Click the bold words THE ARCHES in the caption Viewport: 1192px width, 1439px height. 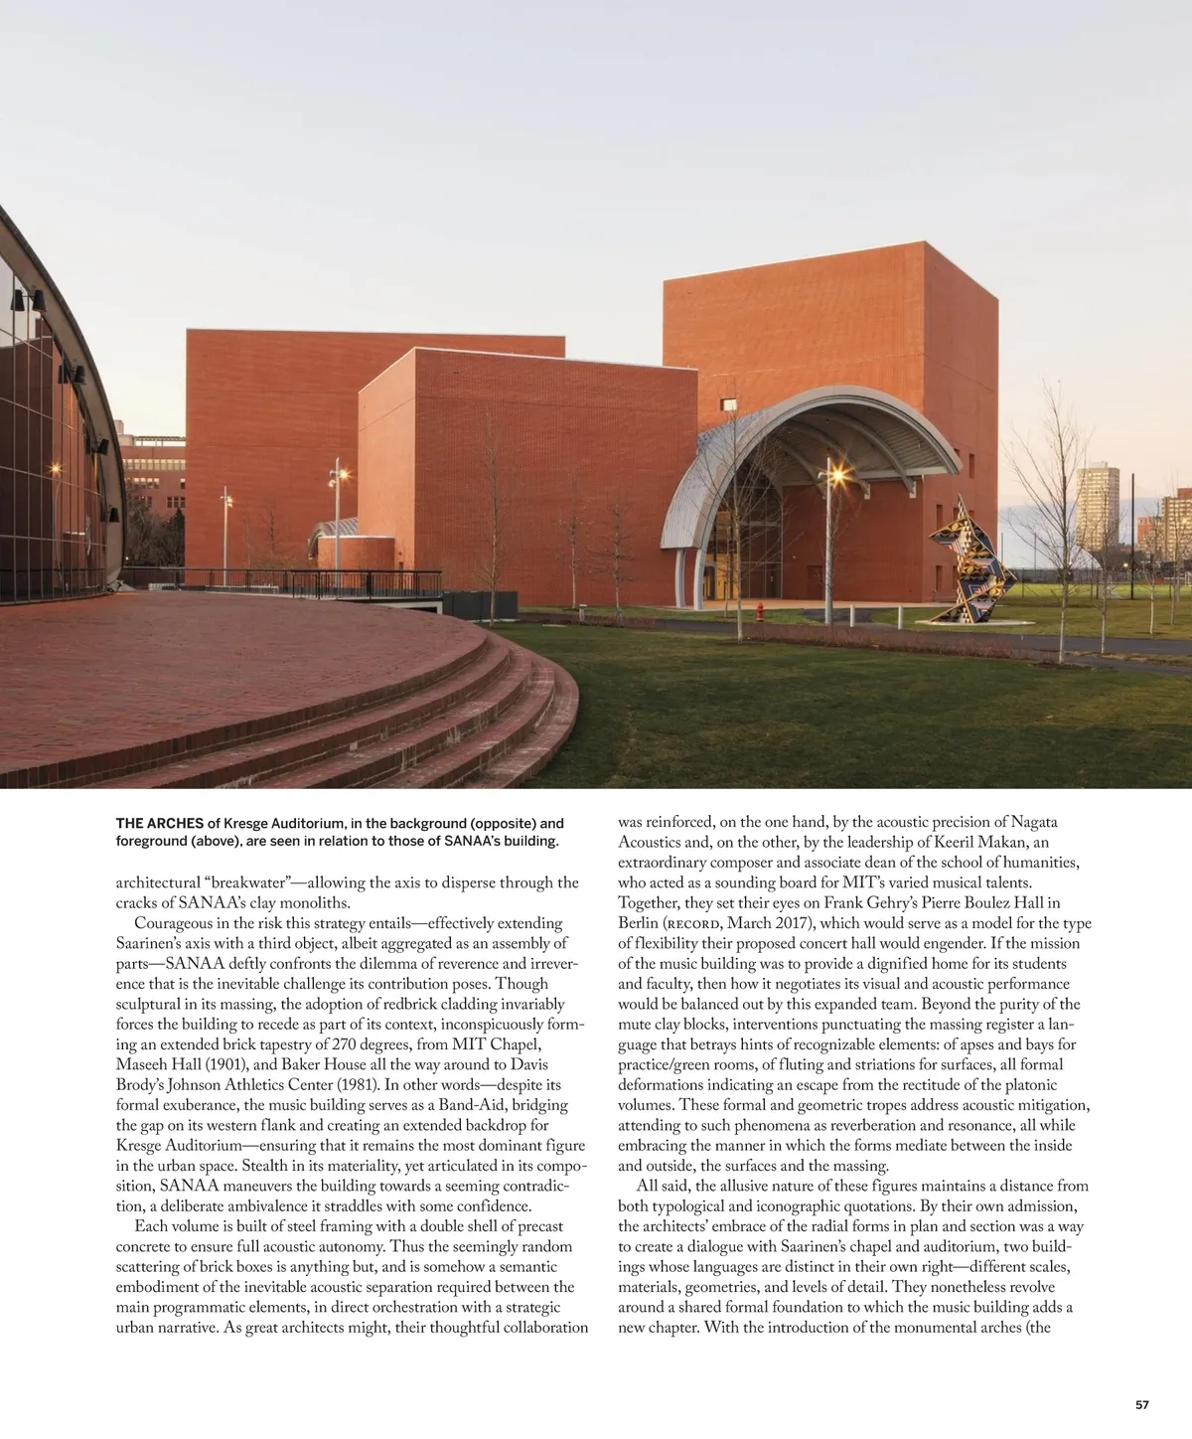[x=159, y=824]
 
